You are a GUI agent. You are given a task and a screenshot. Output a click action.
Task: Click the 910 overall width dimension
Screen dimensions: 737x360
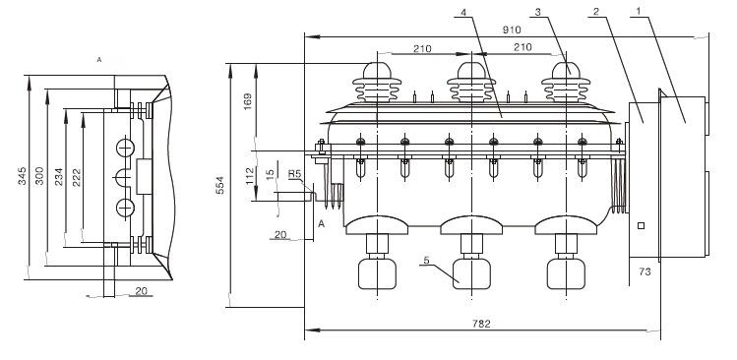click(512, 30)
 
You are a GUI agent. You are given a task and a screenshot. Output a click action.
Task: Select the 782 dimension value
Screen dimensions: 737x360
click(481, 324)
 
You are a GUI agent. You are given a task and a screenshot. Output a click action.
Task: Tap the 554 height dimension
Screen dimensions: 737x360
click(220, 185)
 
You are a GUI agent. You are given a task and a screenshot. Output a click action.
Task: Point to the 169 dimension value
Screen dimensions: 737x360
click(248, 101)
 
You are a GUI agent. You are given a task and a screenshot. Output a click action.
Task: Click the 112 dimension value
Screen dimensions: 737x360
click(250, 175)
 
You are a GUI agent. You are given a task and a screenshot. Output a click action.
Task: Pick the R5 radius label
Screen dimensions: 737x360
click(294, 174)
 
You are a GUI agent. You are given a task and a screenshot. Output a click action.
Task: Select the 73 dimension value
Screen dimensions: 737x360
click(645, 271)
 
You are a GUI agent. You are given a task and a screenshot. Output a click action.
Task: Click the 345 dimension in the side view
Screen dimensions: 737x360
click(22, 175)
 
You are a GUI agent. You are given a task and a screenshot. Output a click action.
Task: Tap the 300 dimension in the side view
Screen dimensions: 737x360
click(39, 175)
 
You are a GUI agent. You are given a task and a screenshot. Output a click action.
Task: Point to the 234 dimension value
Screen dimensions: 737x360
click(58, 176)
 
